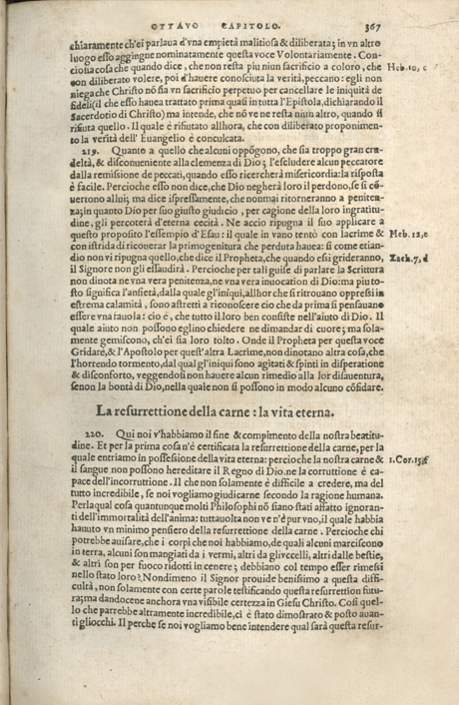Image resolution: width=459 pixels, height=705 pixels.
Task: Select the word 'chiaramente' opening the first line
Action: tap(94, 46)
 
